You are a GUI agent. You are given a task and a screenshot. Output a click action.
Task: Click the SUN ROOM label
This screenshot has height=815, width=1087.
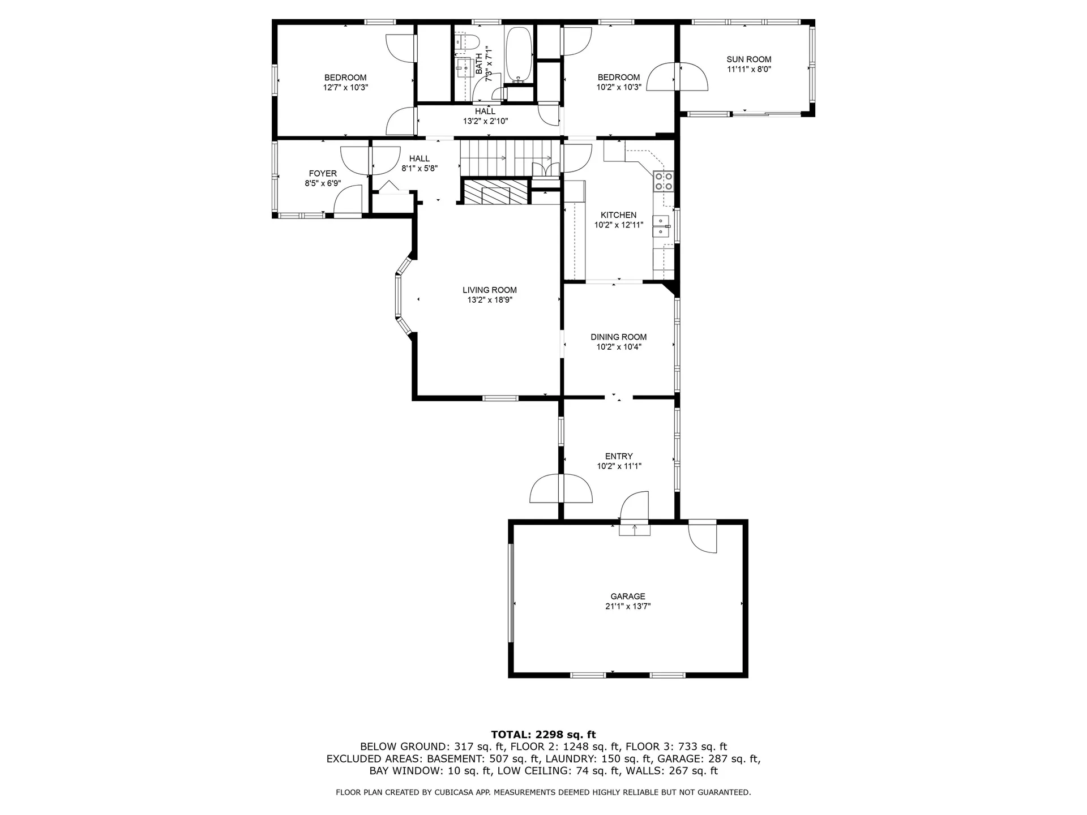[x=748, y=59]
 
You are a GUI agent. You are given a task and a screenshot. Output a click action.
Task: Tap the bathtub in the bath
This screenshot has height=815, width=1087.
[x=518, y=54]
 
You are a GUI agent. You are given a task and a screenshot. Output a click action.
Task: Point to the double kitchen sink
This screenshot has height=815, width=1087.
[x=661, y=226]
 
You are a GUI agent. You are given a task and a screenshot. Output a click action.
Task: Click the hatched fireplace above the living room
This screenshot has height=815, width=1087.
[x=495, y=192]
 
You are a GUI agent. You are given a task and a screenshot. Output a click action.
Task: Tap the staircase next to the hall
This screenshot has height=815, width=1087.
[x=506, y=158]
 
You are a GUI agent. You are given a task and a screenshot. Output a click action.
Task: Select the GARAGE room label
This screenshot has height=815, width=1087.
[x=627, y=596]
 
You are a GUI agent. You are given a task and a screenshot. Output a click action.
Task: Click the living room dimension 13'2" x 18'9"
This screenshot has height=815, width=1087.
[x=489, y=301]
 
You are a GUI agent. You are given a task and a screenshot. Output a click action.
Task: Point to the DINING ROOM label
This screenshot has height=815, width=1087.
[x=618, y=337]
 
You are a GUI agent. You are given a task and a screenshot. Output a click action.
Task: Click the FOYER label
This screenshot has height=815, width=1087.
[x=323, y=174]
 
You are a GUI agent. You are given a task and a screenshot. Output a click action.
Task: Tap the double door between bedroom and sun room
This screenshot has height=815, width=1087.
[x=677, y=76]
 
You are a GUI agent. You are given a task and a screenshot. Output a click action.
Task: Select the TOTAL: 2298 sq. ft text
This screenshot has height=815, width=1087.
[x=543, y=735]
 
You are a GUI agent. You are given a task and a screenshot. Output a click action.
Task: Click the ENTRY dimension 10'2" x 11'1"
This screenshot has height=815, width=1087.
[x=618, y=466]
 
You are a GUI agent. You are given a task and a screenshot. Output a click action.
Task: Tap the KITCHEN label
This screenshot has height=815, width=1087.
[x=618, y=215]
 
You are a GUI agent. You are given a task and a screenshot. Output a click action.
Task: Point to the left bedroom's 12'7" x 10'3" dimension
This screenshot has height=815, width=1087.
[x=345, y=88]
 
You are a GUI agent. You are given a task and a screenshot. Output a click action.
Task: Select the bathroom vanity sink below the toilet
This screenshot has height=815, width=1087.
[x=465, y=67]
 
